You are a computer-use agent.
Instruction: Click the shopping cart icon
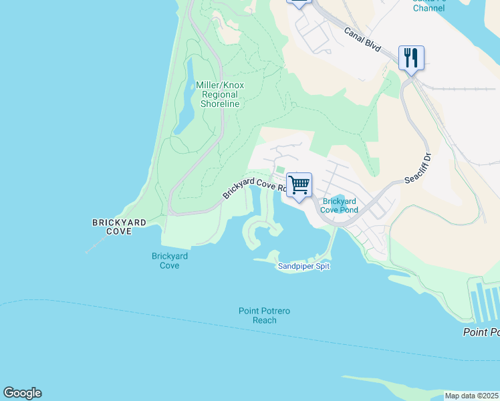coord(299,184)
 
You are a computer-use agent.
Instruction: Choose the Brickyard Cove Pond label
coord(340,205)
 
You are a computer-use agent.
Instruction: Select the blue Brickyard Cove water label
coord(170,261)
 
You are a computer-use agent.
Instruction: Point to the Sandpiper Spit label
coord(304,267)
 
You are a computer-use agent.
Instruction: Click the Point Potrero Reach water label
coord(265,315)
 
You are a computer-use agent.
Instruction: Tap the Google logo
coord(22,393)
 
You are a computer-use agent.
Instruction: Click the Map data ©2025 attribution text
coord(471,396)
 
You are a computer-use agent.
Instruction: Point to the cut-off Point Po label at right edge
coord(481,332)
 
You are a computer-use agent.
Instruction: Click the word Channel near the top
coord(428,8)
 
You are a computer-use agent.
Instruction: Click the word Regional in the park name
coord(219,94)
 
